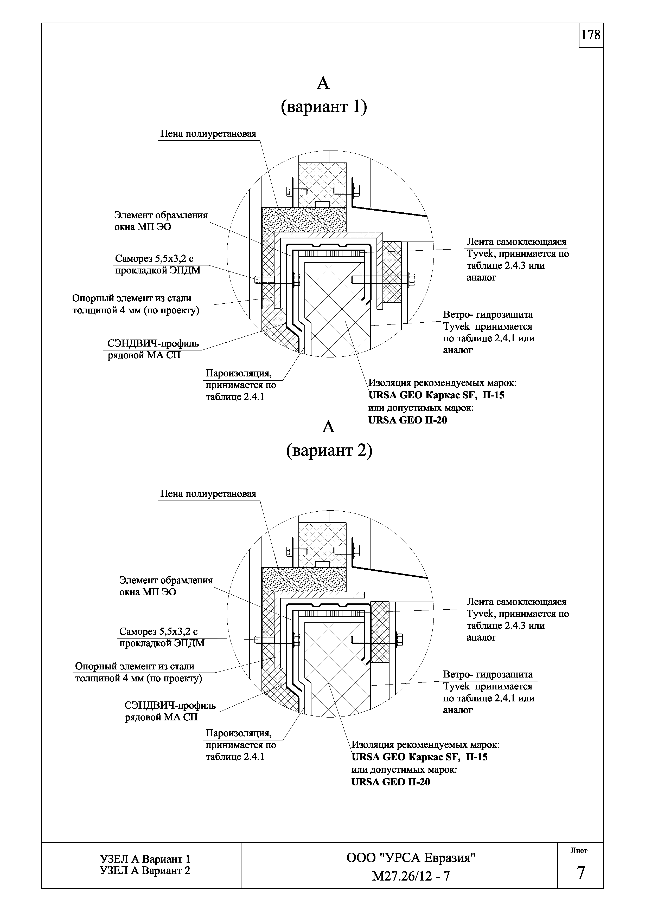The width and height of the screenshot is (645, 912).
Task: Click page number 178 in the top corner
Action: (x=591, y=35)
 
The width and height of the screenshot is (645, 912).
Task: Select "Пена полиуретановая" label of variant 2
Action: (x=208, y=494)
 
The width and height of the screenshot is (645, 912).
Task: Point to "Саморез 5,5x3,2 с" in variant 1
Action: (x=155, y=259)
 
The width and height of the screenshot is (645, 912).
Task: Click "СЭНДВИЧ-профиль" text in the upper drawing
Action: (x=153, y=343)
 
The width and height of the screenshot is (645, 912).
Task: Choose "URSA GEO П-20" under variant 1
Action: (x=408, y=420)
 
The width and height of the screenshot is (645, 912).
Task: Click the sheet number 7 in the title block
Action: (x=581, y=873)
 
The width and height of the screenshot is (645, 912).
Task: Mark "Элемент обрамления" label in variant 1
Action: (x=161, y=215)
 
